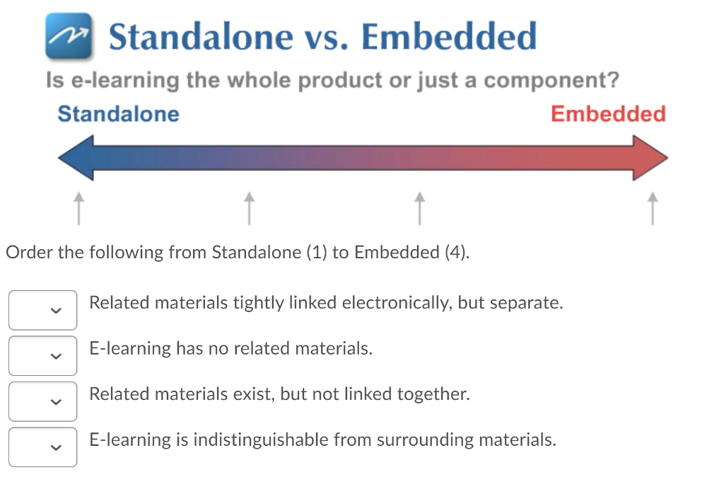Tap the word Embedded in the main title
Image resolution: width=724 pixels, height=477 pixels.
[449, 37]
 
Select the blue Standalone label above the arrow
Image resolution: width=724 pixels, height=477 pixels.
[118, 114]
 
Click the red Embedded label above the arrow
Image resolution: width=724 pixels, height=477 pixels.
[608, 114]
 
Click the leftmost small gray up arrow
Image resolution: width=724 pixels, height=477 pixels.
[78, 207]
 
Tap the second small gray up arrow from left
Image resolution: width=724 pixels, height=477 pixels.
[249, 207]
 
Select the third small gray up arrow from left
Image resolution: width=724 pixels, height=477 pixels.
[419, 207]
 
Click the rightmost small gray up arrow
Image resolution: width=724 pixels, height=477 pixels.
[653, 207]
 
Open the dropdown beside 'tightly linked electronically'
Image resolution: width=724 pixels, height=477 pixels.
[43, 310]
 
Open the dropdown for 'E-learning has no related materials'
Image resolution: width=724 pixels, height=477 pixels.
[43, 355]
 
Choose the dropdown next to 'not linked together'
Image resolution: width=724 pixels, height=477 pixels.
[43, 401]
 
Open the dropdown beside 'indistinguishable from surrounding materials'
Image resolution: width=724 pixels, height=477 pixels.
[43, 447]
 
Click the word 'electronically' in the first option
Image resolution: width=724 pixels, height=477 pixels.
[397, 304]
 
